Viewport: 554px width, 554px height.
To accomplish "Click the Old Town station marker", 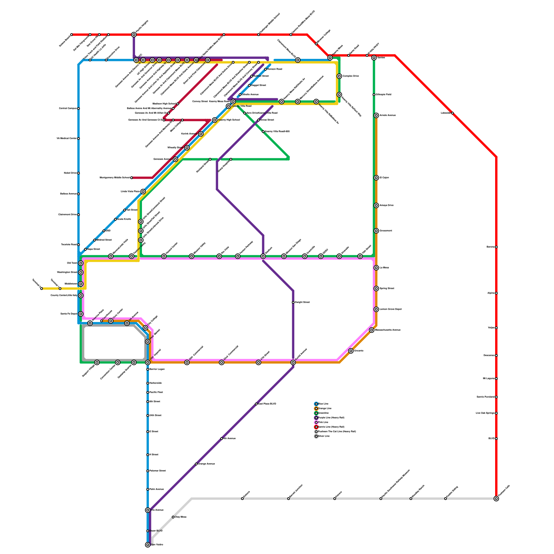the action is coord(81,263).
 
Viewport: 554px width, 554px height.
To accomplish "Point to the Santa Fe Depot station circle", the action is coord(81,314).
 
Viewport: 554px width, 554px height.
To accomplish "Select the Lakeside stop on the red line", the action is coord(452,113).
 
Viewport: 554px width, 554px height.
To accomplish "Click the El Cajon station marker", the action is coord(376,178).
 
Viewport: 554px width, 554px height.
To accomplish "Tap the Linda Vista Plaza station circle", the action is coord(143,191).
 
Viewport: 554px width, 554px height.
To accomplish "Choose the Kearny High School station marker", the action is coord(215,120).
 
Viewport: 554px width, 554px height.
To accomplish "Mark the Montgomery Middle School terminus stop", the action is coord(132,178).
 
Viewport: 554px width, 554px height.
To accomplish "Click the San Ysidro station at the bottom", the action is coord(148,545).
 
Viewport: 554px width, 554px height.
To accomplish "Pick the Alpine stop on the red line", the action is coord(496,293).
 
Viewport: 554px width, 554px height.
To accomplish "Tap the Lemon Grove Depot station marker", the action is coord(376,309).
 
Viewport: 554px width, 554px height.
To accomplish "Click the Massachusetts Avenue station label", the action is coord(388,330).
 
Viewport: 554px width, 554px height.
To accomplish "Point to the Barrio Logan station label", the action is coord(157,369).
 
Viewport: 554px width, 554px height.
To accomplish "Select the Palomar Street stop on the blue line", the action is coord(148,471).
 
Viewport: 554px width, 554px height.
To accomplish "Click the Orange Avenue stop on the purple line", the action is coord(196,464).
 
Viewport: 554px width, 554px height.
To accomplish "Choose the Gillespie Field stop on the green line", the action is coord(374,95).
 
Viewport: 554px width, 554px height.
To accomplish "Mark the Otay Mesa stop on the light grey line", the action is coord(173,517).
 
